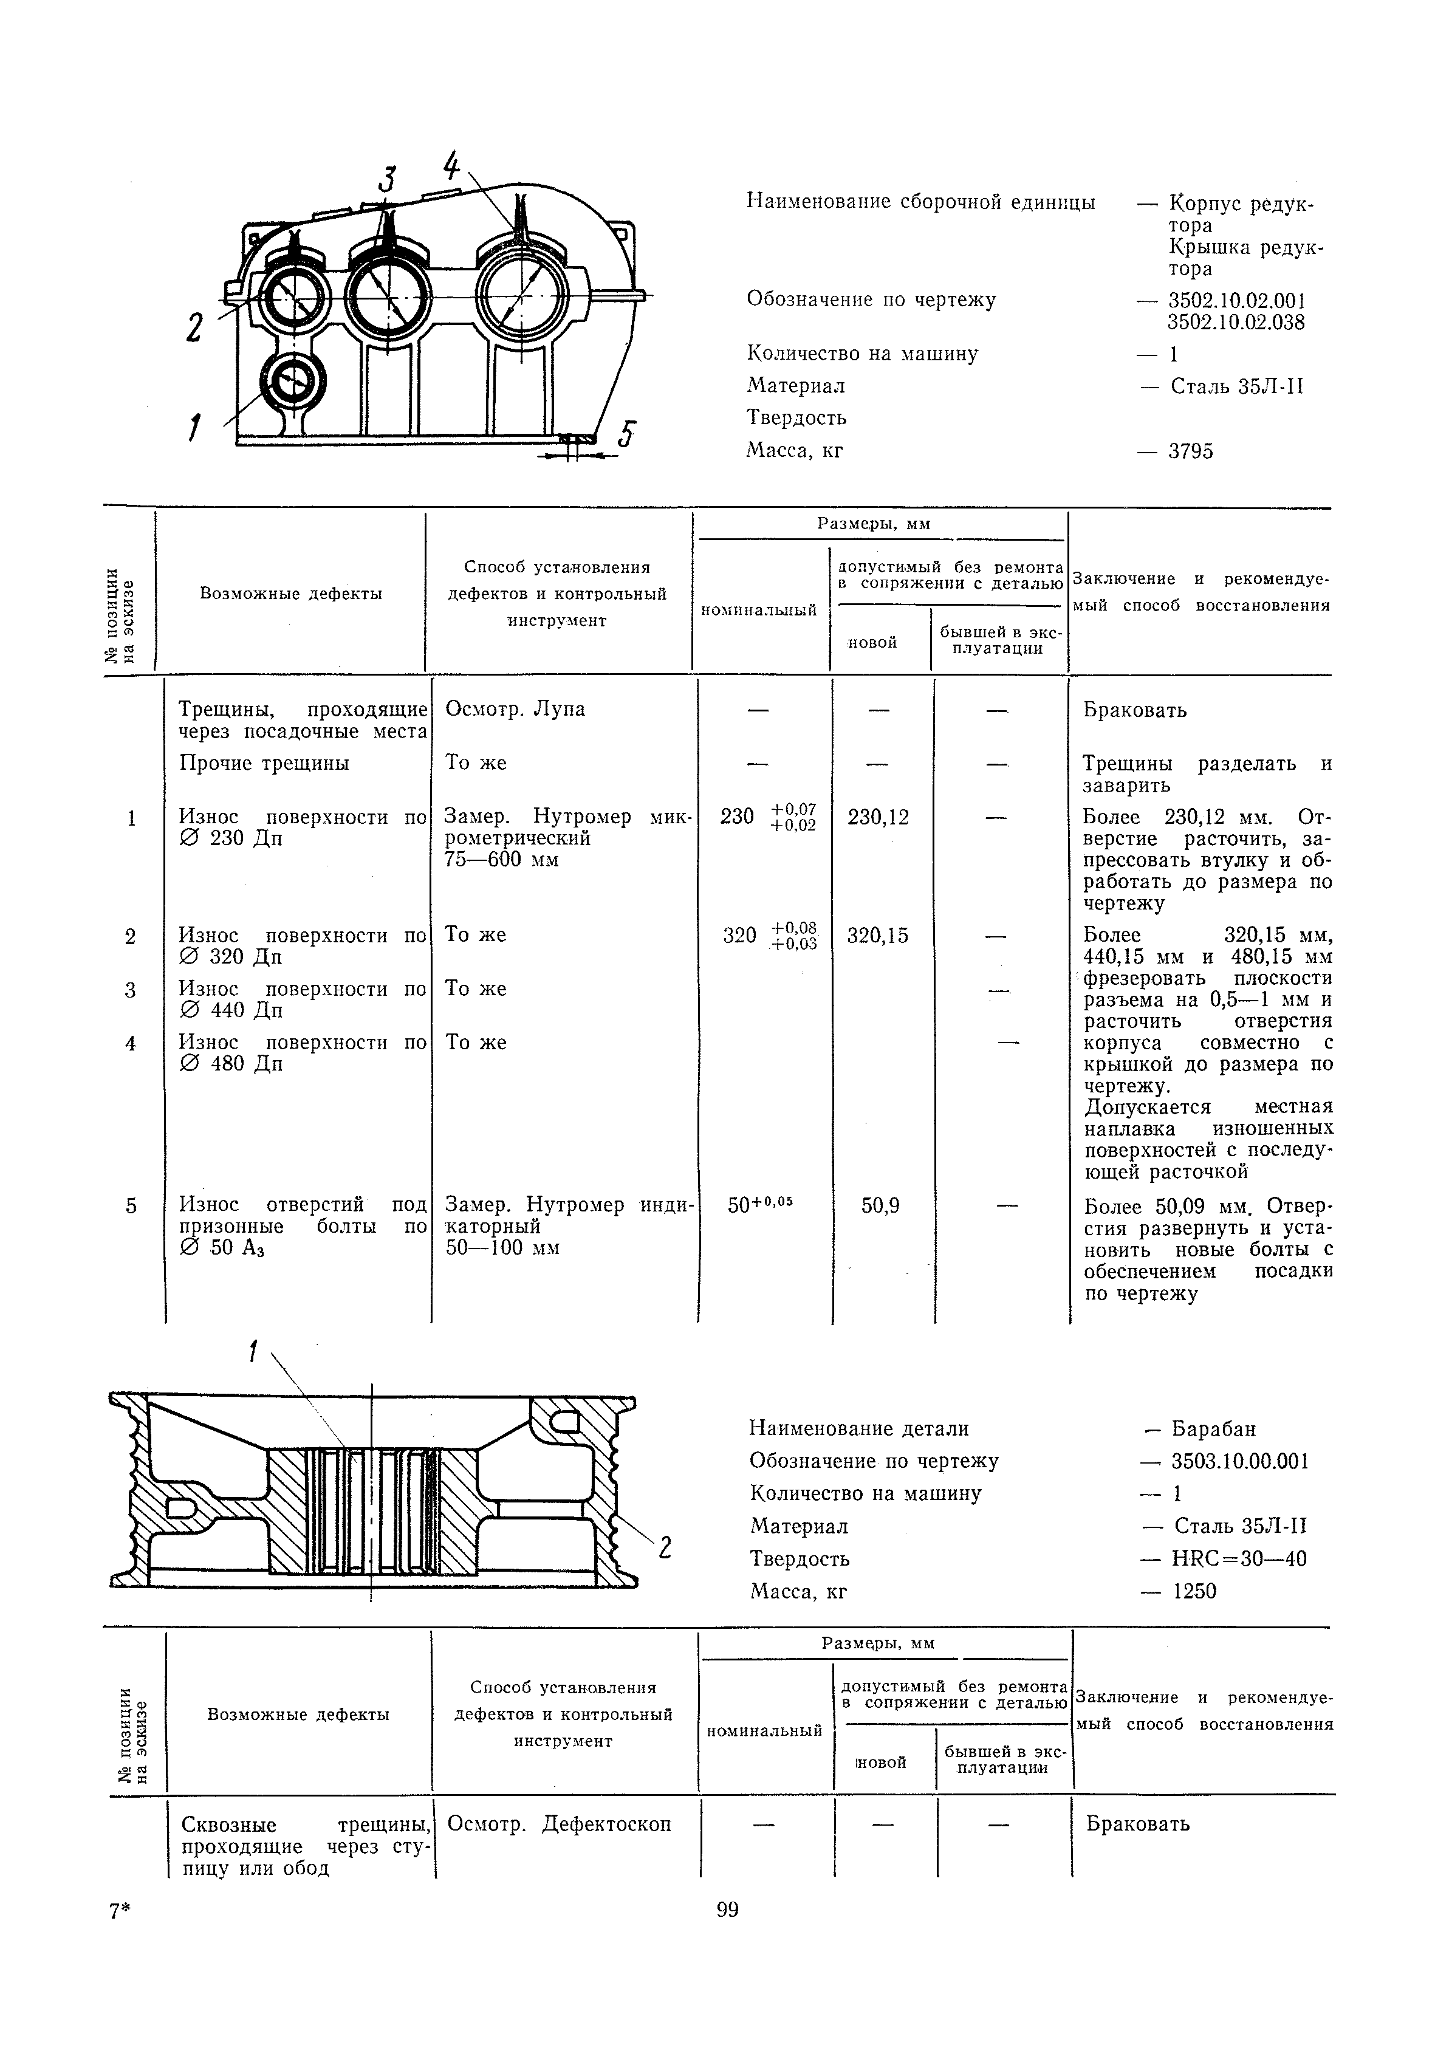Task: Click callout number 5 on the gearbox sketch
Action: (627, 434)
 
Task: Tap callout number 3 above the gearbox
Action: (386, 179)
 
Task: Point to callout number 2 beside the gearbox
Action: (195, 327)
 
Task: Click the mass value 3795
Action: (1191, 451)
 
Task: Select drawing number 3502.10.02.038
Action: (1236, 323)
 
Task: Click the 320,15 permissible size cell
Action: (878, 935)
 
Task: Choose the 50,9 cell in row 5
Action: (880, 1206)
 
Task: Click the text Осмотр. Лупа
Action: (515, 709)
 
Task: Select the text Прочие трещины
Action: (264, 763)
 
